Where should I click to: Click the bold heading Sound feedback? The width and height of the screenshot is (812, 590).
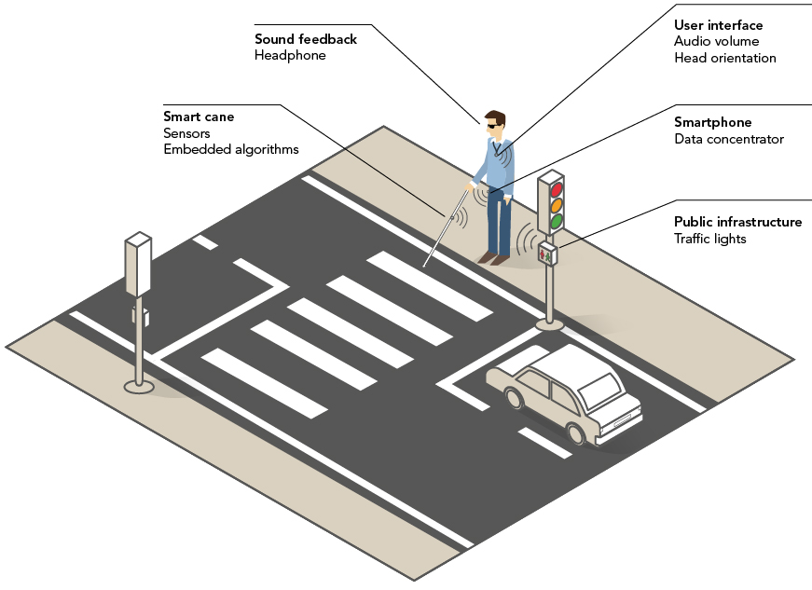306,39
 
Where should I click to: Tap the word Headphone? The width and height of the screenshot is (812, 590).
290,56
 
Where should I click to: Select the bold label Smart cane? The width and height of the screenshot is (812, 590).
199,117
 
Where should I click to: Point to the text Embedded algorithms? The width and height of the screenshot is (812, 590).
230,149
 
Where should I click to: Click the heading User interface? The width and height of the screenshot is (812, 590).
718,25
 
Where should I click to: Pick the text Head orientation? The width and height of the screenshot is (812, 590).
724,58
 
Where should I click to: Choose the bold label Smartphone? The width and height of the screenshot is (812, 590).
712,122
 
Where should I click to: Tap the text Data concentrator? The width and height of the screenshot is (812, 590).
729,139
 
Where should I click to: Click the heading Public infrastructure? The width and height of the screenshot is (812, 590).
737,222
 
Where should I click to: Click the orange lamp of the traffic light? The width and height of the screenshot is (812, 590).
557,204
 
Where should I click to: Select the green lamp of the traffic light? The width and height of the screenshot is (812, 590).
557,221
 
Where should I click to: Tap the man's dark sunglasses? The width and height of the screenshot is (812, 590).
491,123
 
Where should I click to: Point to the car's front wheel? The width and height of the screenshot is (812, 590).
513,398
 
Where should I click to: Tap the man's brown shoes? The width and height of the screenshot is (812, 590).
494,258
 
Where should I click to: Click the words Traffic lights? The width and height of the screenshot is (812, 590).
709,239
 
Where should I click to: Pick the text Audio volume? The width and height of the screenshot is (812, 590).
716,41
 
